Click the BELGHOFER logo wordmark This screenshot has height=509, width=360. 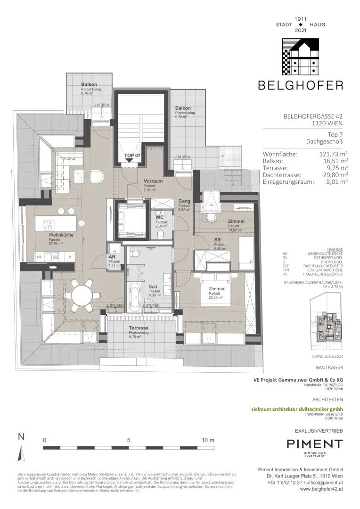[300, 85]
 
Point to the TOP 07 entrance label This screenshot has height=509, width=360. [132, 155]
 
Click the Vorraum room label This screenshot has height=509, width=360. [153, 181]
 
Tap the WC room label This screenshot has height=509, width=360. [160, 217]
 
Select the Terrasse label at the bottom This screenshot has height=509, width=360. [139, 328]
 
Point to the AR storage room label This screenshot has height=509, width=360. [112, 257]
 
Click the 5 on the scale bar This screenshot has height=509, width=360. [128, 440]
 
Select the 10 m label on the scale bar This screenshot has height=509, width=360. [207, 440]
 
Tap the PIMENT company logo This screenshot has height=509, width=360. [315, 444]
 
